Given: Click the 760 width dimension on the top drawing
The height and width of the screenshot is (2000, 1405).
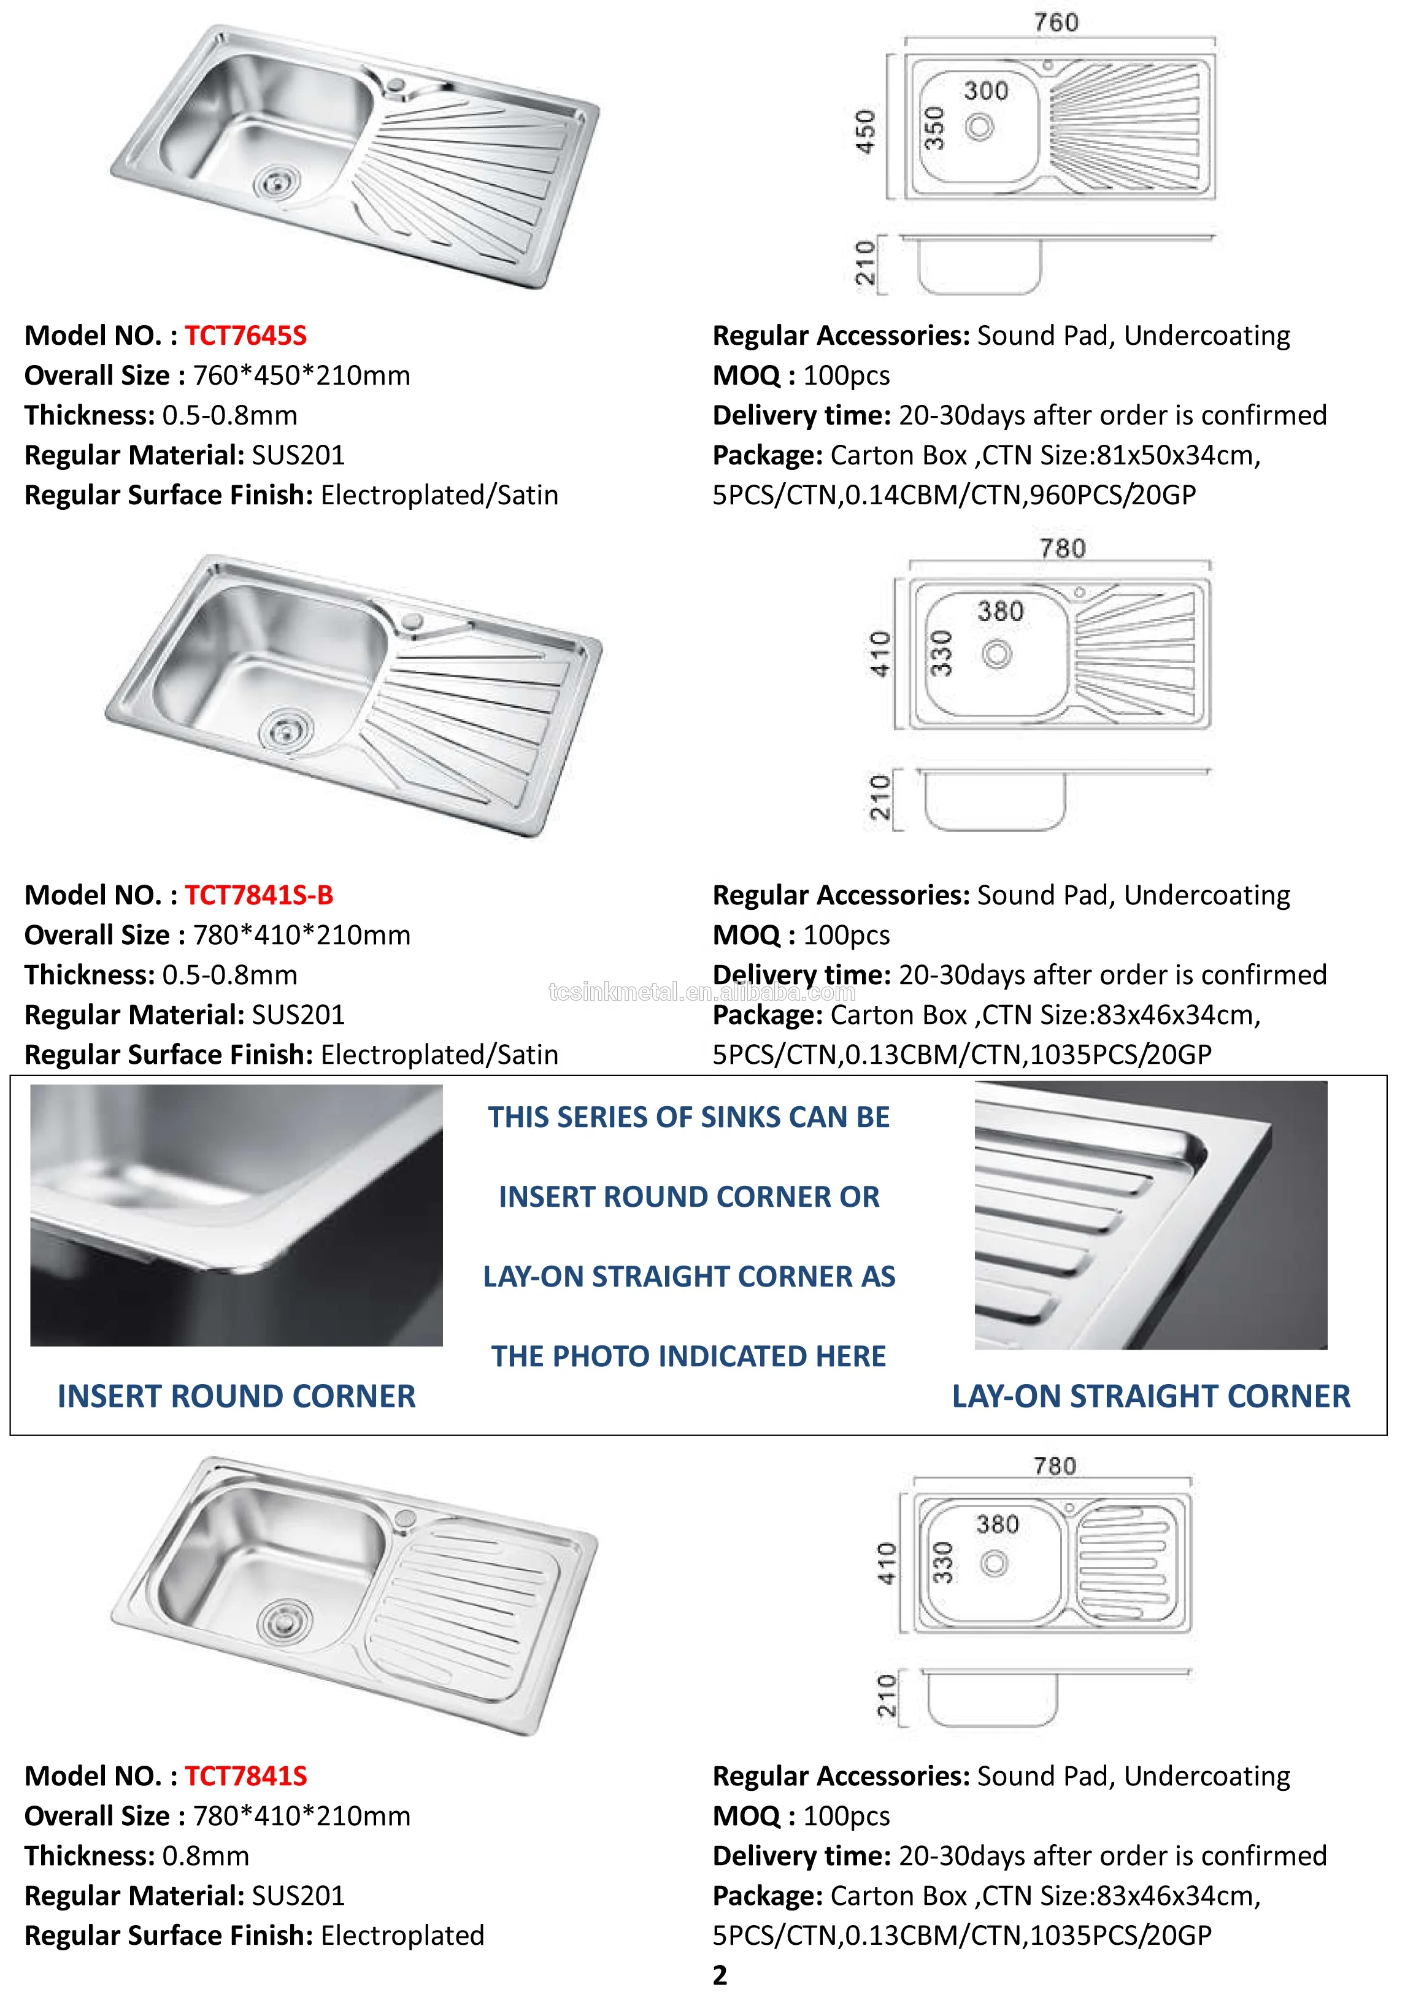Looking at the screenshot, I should pos(1056,23).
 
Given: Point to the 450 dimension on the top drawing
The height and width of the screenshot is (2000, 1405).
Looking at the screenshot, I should pos(865,131).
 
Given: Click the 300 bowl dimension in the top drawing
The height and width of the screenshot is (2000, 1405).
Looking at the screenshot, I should pos(985,91).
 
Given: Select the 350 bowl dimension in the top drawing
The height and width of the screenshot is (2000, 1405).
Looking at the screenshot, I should pos(934,128).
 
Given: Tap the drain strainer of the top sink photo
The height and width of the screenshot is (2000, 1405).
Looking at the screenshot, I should pos(276,182).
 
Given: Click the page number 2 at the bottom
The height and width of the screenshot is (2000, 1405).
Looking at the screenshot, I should pos(720,1975).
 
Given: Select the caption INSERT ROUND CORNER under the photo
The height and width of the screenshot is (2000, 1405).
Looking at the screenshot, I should pos(236,1396).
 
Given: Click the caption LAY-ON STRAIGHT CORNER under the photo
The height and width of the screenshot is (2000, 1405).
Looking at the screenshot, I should pos(1150,1396).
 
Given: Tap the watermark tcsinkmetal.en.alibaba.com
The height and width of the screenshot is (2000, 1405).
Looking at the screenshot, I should pos(701,991).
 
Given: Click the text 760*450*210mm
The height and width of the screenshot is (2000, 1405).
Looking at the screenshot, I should pos(301,375).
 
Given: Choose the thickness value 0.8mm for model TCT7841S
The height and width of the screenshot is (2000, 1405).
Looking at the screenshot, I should pos(206,1855).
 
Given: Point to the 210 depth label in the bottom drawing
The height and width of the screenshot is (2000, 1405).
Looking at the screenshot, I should pos(886,1694).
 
